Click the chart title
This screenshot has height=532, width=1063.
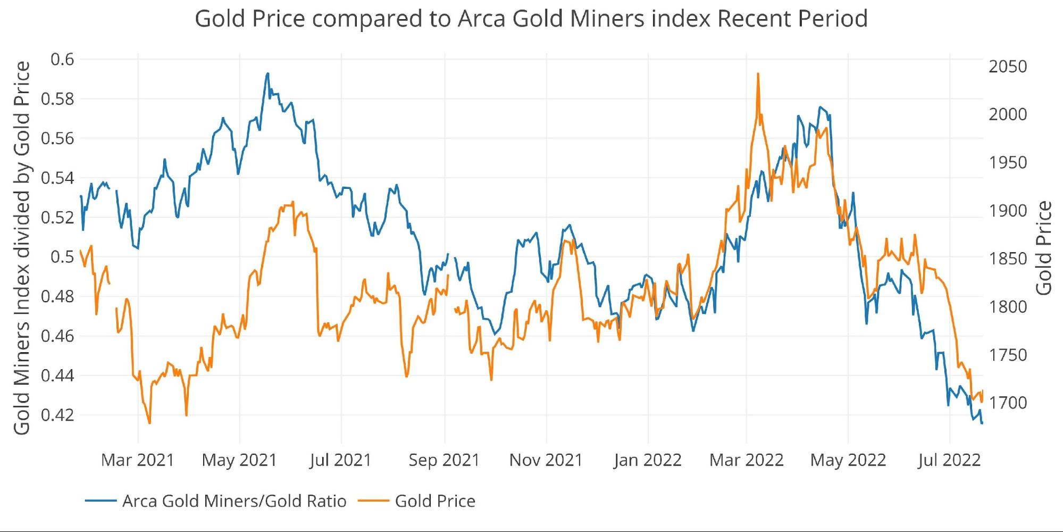[531, 19]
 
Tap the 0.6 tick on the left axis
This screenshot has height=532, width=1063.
[62, 59]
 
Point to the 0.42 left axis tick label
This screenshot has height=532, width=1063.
[57, 414]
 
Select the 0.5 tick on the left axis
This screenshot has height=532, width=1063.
[62, 257]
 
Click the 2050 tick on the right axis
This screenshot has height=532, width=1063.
[1008, 66]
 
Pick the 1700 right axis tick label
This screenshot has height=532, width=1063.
[1008, 403]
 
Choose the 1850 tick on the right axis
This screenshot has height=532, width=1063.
[1008, 259]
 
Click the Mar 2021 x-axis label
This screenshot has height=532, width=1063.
[138, 460]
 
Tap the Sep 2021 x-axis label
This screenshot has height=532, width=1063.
[444, 460]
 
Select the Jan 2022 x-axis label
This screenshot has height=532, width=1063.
[647, 460]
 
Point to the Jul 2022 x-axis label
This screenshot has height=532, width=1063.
[949, 460]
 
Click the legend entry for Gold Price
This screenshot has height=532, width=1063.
[435, 501]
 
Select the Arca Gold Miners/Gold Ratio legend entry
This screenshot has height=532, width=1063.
[234, 501]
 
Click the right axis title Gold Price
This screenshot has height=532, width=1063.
[1044, 248]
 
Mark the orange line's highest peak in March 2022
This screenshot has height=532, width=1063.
[758, 74]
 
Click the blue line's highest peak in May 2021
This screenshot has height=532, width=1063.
[267, 73]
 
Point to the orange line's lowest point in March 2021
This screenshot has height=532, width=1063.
[149, 423]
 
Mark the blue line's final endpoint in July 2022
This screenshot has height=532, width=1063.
[982, 423]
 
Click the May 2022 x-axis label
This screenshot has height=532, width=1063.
[848, 460]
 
